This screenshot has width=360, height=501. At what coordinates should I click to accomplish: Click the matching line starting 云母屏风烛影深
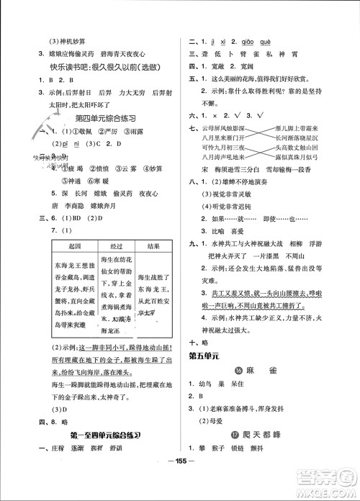click(x=220, y=127)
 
